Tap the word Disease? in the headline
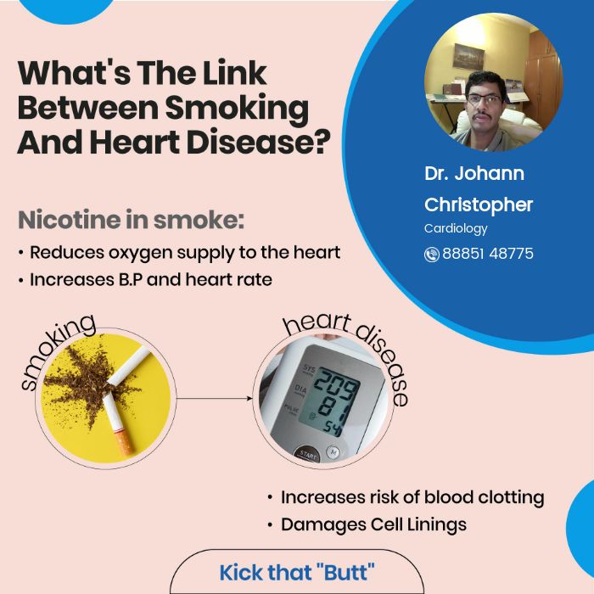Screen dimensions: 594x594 click(x=267, y=141)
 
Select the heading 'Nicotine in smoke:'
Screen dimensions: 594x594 click(x=132, y=219)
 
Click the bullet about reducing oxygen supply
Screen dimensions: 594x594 click(x=184, y=252)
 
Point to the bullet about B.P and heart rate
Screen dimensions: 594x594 click(x=150, y=279)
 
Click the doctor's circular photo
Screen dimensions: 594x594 click(x=481, y=81)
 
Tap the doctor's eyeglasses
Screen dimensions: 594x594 click(x=485, y=98)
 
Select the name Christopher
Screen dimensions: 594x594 click(x=479, y=205)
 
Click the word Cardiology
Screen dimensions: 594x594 click(x=456, y=228)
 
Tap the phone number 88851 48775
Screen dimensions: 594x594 click(x=488, y=254)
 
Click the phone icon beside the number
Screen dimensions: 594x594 click(x=432, y=254)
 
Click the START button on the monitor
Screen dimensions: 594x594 click(x=306, y=453)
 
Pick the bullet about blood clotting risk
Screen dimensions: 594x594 click(x=412, y=497)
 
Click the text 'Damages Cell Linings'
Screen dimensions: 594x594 click(x=373, y=524)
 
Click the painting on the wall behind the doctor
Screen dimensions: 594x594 click(x=468, y=57)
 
